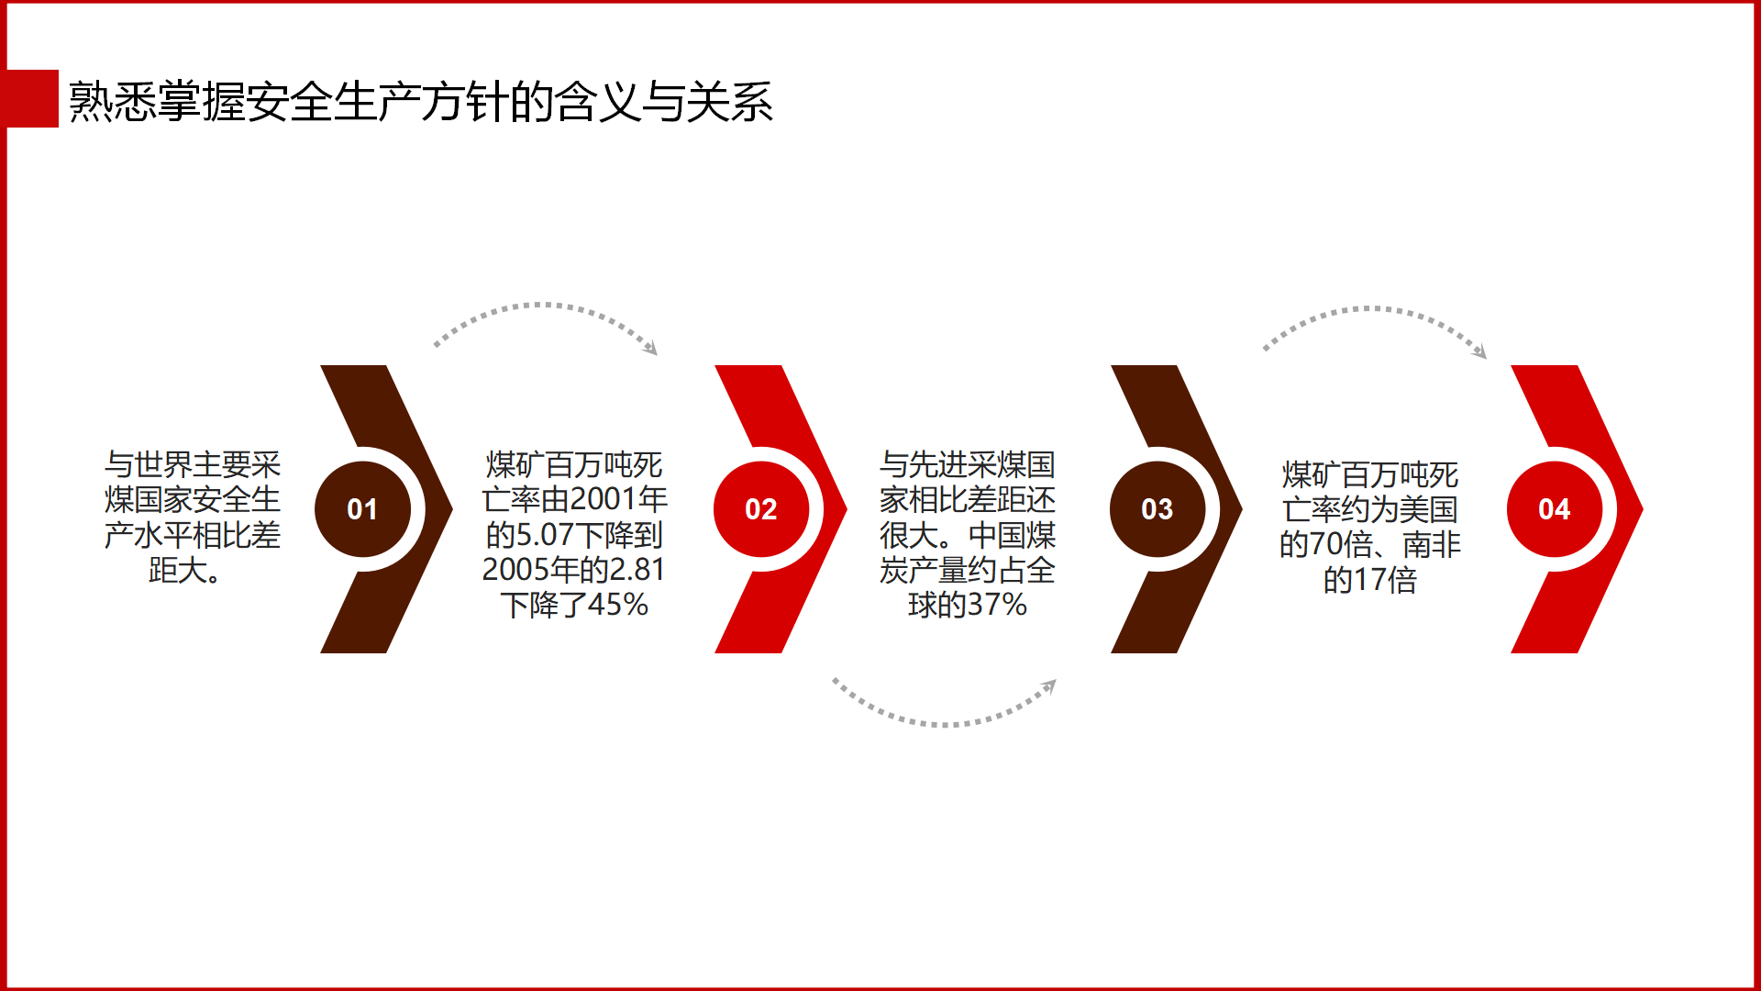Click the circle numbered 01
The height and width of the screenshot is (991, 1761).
point(362,509)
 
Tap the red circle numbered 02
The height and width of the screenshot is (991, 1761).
point(761,509)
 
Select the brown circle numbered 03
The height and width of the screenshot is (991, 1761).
point(1157,509)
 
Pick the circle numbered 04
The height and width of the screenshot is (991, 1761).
point(1555,509)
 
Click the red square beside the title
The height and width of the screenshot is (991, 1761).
point(32,99)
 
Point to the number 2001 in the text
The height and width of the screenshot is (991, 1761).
point(604,499)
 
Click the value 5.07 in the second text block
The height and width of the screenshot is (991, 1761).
point(545,535)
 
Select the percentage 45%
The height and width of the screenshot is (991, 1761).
point(618,605)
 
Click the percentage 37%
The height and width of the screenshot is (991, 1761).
point(997,605)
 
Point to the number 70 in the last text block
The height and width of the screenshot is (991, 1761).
point(1325,545)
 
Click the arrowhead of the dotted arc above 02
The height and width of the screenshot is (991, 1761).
point(650,347)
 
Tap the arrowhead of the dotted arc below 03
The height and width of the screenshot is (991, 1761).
point(1049,685)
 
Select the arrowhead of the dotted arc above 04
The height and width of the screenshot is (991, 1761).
point(1479,351)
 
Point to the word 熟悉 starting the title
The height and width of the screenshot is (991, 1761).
point(112,101)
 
